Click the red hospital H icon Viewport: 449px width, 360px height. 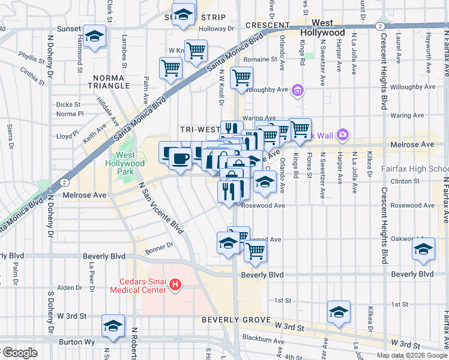click(x=175, y=284)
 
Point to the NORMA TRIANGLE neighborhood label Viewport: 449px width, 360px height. click(x=112, y=85)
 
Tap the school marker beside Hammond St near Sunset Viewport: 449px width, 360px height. click(x=94, y=37)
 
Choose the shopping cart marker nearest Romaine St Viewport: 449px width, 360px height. click(x=241, y=77)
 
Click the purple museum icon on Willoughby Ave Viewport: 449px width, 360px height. click(x=297, y=91)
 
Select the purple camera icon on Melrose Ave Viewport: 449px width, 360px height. click(x=343, y=134)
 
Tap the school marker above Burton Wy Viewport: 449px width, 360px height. click(x=112, y=325)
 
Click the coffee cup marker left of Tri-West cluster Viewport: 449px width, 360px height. click(x=179, y=159)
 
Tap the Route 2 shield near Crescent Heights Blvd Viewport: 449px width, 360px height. click(x=379, y=26)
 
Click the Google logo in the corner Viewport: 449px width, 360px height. click(x=19, y=353)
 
